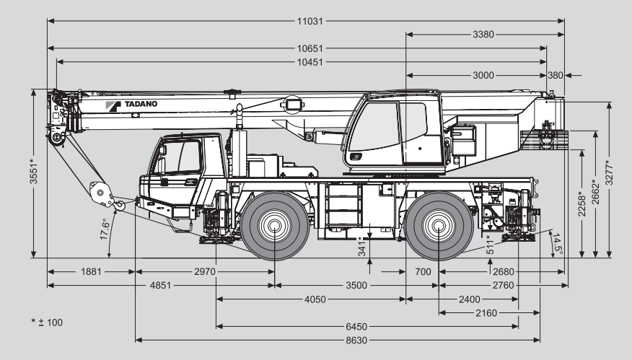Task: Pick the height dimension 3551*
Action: [33, 172]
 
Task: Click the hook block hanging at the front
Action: [102, 193]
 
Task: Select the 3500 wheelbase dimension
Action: [356, 285]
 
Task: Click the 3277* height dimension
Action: [610, 172]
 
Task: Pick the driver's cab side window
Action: [183, 157]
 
